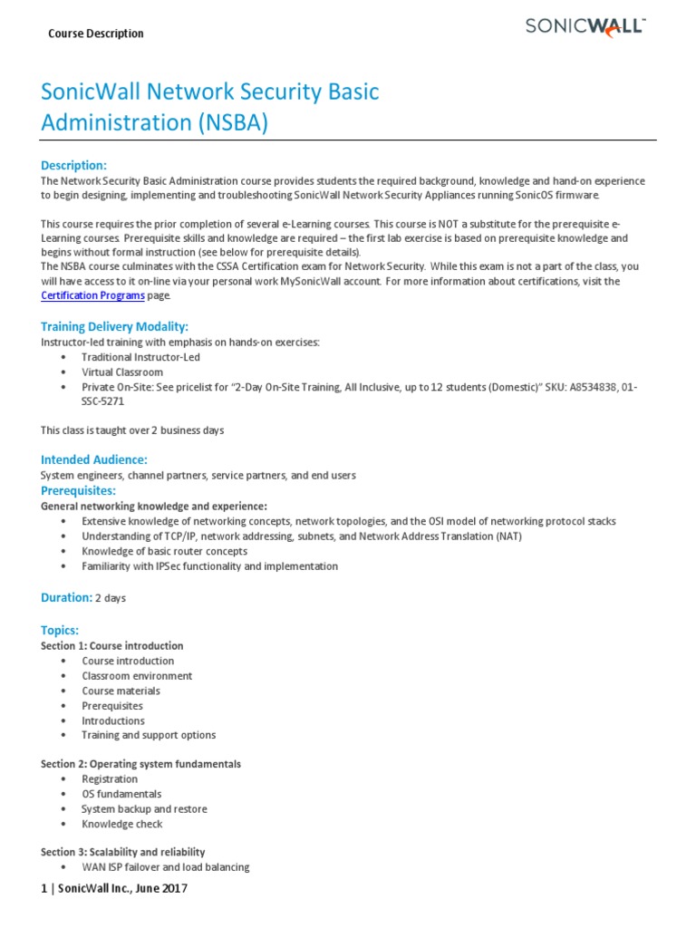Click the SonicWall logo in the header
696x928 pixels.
[x=585, y=27]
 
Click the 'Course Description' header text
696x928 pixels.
[x=95, y=34]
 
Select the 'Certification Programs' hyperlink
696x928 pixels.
[x=92, y=295]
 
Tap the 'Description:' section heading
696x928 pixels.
[x=73, y=165]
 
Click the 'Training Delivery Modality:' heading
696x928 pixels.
[x=114, y=326]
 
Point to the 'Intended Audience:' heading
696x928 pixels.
[x=93, y=459]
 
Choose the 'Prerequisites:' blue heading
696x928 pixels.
[x=79, y=490]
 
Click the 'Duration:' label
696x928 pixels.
[x=66, y=597]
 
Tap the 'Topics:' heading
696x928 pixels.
[x=60, y=630]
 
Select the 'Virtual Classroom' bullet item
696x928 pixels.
[x=122, y=372]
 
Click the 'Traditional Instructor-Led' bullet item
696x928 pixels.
[x=140, y=357]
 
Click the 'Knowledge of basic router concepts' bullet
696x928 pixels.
[x=164, y=551]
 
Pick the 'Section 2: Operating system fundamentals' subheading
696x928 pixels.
[x=140, y=764]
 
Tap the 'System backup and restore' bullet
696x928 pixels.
[x=144, y=808]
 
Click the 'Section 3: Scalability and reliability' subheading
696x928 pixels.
[x=122, y=852]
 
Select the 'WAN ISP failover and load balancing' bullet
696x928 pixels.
[x=165, y=867]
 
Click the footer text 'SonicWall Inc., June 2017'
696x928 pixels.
[x=121, y=889]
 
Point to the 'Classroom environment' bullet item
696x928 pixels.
[x=137, y=675]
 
